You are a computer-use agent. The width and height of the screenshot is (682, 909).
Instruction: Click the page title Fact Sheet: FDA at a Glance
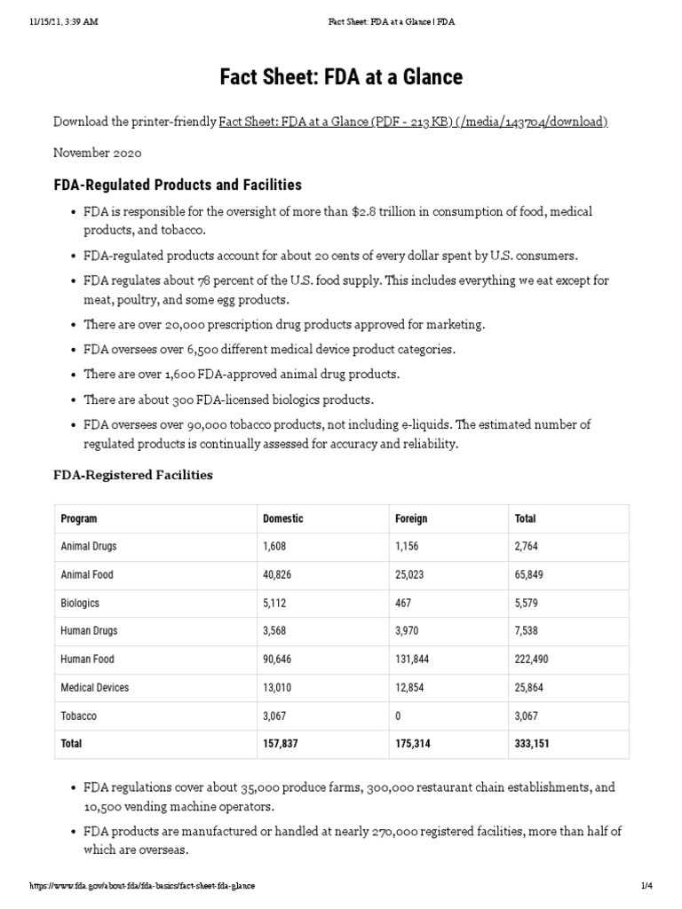(x=341, y=77)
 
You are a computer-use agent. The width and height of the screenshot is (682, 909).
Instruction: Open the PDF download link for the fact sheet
(x=413, y=122)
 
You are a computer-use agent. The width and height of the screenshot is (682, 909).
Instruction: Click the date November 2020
(x=97, y=153)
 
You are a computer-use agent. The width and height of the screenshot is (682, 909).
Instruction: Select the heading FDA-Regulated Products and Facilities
(x=178, y=185)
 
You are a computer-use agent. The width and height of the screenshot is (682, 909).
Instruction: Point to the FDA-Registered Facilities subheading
(x=133, y=475)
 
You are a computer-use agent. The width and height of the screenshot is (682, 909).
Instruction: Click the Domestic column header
(x=282, y=518)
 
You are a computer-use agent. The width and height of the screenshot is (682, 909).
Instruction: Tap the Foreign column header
(x=410, y=518)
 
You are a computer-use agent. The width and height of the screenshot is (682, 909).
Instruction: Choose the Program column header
(x=78, y=518)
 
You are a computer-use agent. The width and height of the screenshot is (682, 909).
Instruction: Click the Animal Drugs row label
(x=88, y=547)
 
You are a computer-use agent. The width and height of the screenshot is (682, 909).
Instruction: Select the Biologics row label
(x=79, y=604)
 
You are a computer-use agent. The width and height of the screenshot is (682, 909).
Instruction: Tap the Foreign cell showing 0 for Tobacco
(x=398, y=716)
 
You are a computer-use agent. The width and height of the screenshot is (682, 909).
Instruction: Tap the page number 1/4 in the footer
(x=646, y=886)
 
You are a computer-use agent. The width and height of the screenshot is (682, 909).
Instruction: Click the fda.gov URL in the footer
(x=142, y=886)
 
